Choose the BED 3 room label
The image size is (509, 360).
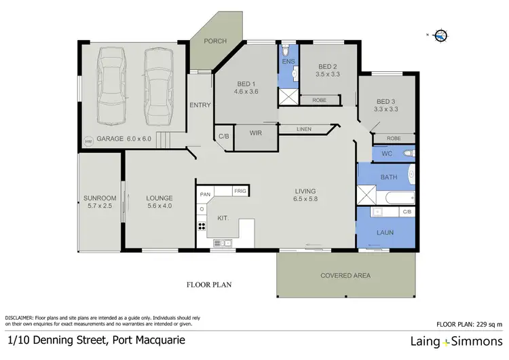(386, 103)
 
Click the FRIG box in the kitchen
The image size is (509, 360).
(240, 192)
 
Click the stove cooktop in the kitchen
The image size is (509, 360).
(202, 228)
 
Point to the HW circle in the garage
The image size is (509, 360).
(88, 141)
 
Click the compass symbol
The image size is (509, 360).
(440, 36)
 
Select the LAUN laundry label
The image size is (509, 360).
(385, 232)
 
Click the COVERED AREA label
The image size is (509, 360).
(345, 276)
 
